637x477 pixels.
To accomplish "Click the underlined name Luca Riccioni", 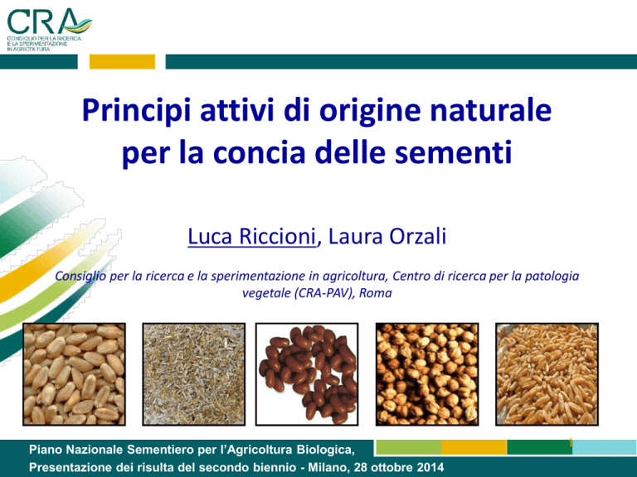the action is (x=251, y=236).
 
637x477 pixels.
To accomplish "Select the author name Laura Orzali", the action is (x=387, y=236).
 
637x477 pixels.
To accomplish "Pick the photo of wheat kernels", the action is (x=74, y=374).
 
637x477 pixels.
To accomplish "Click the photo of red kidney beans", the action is (x=307, y=374).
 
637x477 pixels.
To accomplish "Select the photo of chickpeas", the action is (x=427, y=374).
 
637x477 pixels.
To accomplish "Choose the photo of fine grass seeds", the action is (x=194, y=374).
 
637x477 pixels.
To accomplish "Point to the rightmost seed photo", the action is (x=547, y=374).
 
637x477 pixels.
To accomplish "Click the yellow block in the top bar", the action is (x=122, y=61).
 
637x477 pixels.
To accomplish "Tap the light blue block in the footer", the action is (x=605, y=447).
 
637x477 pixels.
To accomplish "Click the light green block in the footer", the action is (x=409, y=447).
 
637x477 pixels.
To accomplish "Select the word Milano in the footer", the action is (x=328, y=467).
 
